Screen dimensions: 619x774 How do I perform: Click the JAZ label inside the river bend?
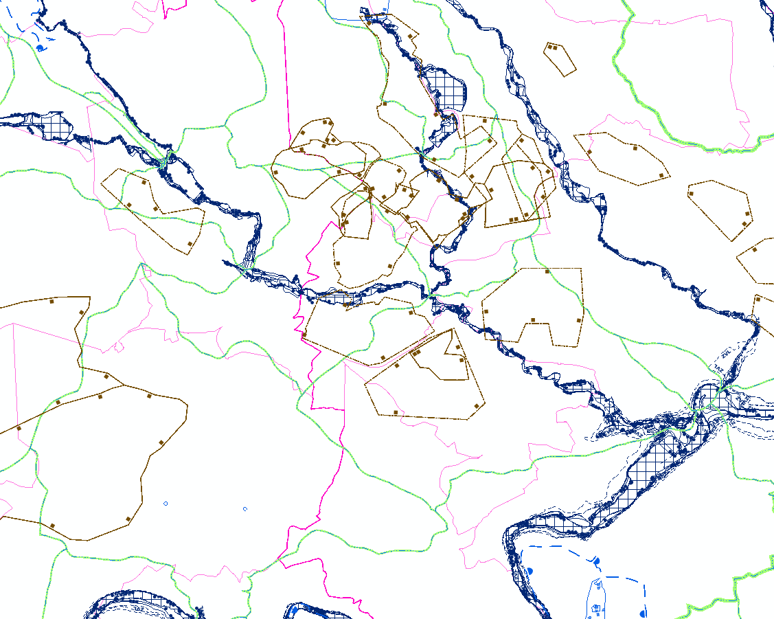click(139, 608)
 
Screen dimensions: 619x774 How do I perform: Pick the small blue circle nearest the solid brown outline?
click(166, 504)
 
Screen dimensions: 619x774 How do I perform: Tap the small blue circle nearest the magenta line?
click(245, 509)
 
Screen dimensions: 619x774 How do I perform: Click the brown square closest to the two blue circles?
click(128, 519)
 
